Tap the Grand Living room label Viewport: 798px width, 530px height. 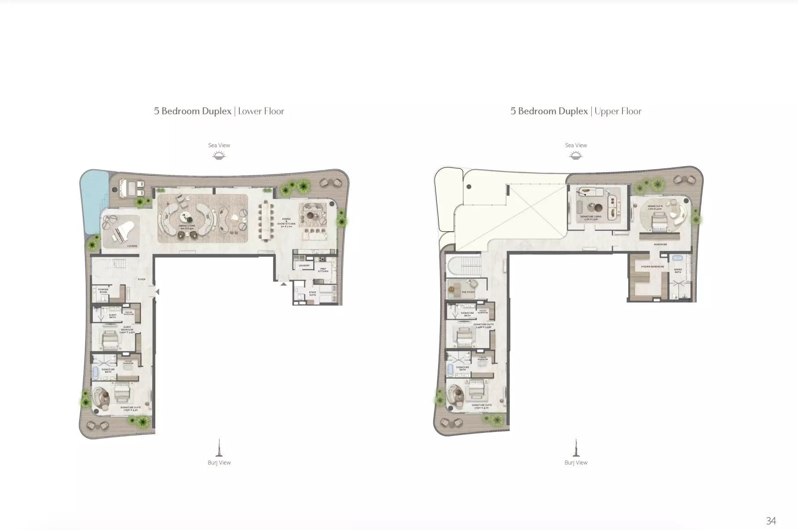click(x=187, y=227)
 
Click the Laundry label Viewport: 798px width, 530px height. click(x=304, y=265)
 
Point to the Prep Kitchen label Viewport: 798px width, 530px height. click(x=323, y=270)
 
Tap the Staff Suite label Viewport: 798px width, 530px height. click(x=312, y=293)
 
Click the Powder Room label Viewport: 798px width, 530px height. click(x=103, y=291)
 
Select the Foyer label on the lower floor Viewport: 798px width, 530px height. click(x=141, y=280)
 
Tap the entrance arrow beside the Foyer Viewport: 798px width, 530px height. click(x=157, y=291)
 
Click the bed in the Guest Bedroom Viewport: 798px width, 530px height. click(x=110, y=340)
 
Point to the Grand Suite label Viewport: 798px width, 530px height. click(x=655, y=207)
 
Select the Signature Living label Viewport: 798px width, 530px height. click(x=590, y=218)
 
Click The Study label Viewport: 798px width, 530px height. click(x=468, y=292)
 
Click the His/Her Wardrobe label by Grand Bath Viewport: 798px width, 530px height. click(x=652, y=267)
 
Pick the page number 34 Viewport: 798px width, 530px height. click(x=771, y=521)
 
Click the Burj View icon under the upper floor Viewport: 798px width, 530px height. click(x=575, y=448)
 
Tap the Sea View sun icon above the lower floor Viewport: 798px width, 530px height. click(x=219, y=155)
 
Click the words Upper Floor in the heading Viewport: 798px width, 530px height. click(x=618, y=111)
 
